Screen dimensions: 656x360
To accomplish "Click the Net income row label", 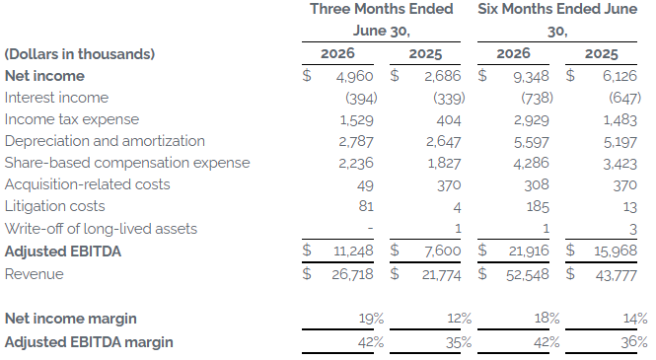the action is pyautogui.click(x=44, y=76).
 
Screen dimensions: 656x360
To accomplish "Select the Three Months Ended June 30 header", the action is pyautogui.click(x=382, y=20).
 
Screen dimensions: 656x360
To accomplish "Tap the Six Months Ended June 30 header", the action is pyautogui.click(x=557, y=20).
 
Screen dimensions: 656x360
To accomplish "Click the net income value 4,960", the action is pyautogui.click(x=354, y=76).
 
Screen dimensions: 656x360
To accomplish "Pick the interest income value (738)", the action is pyautogui.click(x=537, y=98).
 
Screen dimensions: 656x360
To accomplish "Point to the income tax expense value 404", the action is pyautogui.click(x=449, y=120).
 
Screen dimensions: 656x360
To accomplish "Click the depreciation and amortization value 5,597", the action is pyautogui.click(x=532, y=142).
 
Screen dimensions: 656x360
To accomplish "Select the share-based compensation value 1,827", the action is pyautogui.click(x=444, y=163).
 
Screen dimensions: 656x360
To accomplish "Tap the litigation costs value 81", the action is pyautogui.click(x=366, y=206).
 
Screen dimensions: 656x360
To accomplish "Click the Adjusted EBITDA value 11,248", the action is pyautogui.click(x=353, y=251).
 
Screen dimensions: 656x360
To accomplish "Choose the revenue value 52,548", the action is pyautogui.click(x=528, y=274).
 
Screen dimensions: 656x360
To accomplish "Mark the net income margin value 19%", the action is pyautogui.click(x=371, y=319).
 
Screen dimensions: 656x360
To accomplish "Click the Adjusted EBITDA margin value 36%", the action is pyautogui.click(x=634, y=342).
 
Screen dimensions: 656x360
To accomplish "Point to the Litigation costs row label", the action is pyautogui.click(x=55, y=206).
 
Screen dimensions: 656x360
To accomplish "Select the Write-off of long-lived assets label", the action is pyautogui.click(x=101, y=229).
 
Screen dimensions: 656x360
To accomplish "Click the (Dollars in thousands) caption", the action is pyautogui.click(x=80, y=54).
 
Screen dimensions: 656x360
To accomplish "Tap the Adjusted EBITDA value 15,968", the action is pyautogui.click(x=616, y=251).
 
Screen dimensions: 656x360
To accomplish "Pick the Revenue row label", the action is pyautogui.click(x=35, y=274).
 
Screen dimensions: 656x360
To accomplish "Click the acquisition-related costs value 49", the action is pyautogui.click(x=365, y=185).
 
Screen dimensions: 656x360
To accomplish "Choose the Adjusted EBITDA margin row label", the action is pyautogui.click(x=89, y=342).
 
